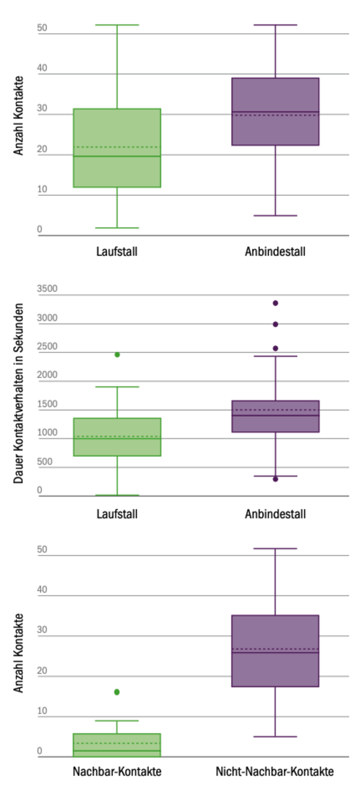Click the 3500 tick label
tap(47, 288)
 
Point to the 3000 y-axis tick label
tap(47, 317)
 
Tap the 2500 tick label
tap(47, 346)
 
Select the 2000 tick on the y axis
tap(47, 375)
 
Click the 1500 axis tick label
tap(47, 404)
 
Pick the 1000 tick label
tap(47, 432)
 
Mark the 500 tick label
tap(44, 461)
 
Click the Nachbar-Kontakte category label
tap(117, 771)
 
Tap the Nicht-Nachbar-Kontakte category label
tap(275, 771)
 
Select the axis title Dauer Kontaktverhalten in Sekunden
tap(18, 393)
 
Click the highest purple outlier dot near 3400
tap(275, 303)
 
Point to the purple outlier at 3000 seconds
tap(275, 324)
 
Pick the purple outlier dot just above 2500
tap(275, 348)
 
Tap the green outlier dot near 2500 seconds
tap(117, 355)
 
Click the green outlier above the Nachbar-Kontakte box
tap(117, 692)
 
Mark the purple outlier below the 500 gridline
tap(275, 479)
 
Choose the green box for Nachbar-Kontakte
tap(117, 745)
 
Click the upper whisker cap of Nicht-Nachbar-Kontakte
tap(275, 549)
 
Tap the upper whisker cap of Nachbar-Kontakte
tap(117, 721)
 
